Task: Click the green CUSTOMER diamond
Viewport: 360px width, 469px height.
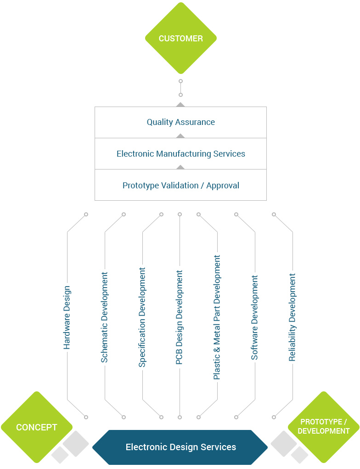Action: (180, 39)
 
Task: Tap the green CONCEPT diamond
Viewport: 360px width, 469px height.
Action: (36, 427)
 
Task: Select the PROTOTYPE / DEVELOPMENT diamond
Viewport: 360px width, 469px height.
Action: (323, 427)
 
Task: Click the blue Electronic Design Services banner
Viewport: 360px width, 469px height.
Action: (180, 447)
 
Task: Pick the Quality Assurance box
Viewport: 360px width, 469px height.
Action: (180, 122)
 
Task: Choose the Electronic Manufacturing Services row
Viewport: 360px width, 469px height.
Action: (180, 154)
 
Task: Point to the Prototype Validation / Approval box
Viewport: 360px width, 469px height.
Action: (180, 186)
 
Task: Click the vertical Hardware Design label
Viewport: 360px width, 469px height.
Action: (67, 317)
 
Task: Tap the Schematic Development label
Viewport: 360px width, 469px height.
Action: (105, 317)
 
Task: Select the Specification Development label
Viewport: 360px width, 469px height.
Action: (142, 317)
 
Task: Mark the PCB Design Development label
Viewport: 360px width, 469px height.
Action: (180, 317)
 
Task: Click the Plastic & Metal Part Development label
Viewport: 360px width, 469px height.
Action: (217, 317)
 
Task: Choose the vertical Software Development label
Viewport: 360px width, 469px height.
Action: (254, 317)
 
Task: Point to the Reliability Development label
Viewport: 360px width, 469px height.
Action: (292, 317)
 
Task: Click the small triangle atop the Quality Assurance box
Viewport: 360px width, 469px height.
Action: (180, 105)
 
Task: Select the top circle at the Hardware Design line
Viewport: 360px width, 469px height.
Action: (86, 215)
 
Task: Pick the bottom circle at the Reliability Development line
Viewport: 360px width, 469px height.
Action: (274, 417)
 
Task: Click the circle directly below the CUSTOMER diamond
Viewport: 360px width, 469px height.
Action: (180, 81)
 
